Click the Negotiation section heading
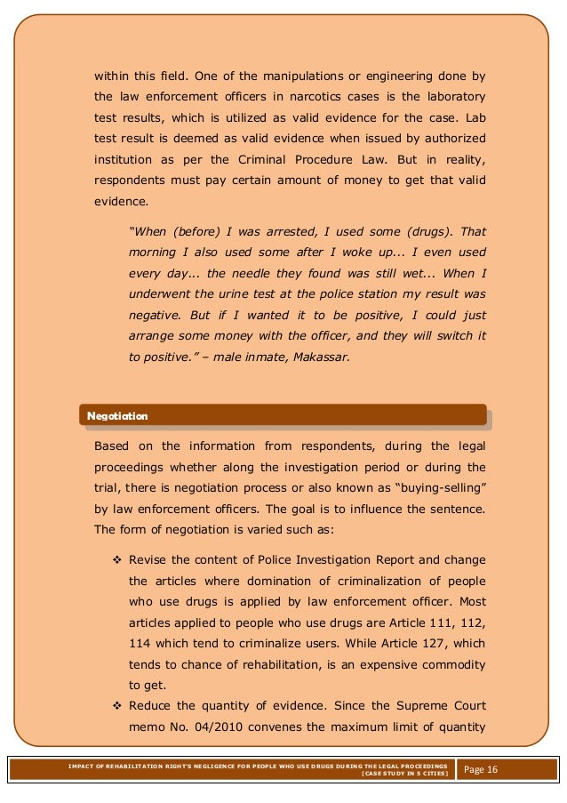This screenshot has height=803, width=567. click(116, 415)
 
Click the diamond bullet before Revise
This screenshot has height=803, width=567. click(116, 560)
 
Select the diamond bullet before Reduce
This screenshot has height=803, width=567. click(116, 708)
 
